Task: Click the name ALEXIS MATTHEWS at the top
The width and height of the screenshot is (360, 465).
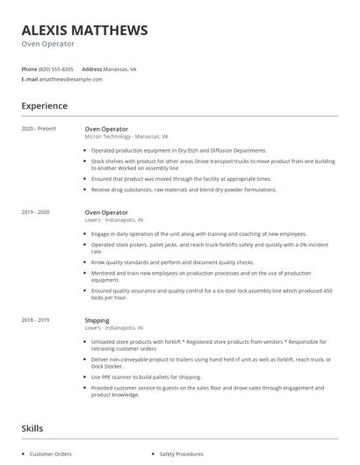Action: [x=84, y=30]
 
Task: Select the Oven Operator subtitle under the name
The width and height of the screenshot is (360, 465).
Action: [x=47, y=44]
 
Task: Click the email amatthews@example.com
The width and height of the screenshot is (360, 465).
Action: [x=71, y=79]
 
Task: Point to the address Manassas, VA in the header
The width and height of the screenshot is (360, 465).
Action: [x=120, y=68]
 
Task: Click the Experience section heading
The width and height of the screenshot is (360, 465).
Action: [x=44, y=106]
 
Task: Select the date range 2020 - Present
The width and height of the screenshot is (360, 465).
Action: [x=38, y=128]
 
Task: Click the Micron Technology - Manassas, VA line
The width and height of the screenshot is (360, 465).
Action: [x=126, y=137]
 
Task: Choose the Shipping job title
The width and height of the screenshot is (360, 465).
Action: [x=97, y=321]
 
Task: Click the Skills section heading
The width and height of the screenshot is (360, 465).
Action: [x=32, y=428]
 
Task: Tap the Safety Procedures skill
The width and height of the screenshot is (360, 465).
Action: [x=181, y=454]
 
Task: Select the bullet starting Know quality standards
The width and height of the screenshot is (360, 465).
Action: [x=172, y=261]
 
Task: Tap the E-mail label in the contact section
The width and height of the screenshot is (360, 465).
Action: [x=30, y=79]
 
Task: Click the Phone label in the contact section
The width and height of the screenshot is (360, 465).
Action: [x=29, y=68]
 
